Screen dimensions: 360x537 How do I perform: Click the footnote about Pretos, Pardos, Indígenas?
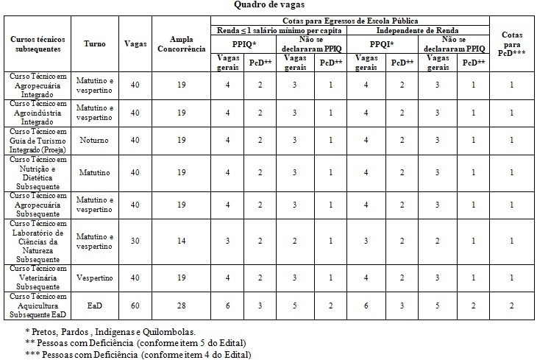[x=110, y=332]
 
